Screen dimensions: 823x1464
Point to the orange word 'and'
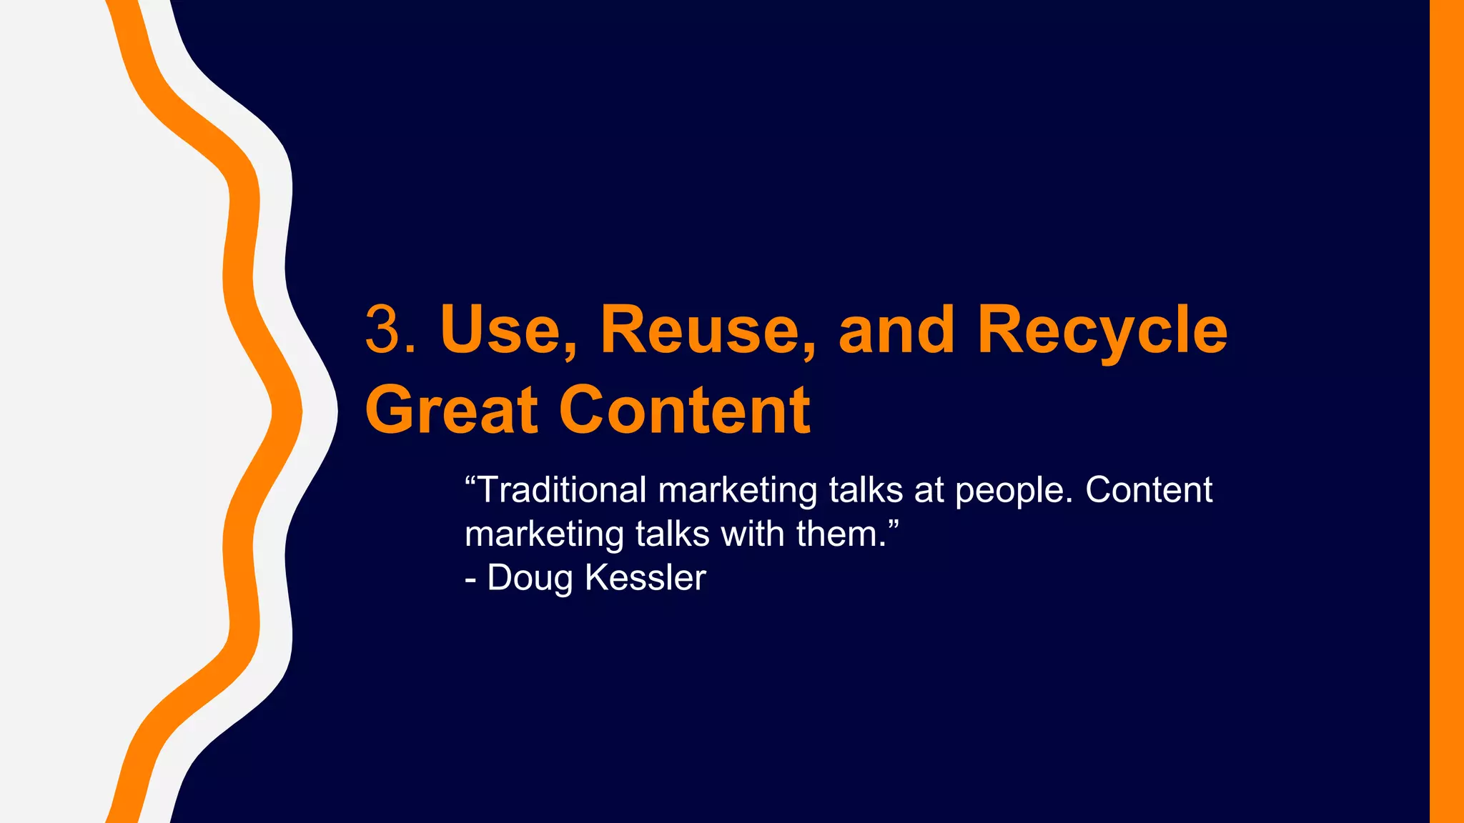click(x=896, y=330)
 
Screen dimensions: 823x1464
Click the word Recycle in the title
click(x=1102, y=330)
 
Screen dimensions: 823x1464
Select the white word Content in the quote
click(x=1149, y=490)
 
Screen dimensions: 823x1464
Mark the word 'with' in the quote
click(x=752, y=534)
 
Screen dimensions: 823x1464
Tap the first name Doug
click(x=530, y=579)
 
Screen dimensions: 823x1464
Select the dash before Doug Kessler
click(x=470, y=579)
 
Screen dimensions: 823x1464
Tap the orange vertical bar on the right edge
click(x=1446, y=411)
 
